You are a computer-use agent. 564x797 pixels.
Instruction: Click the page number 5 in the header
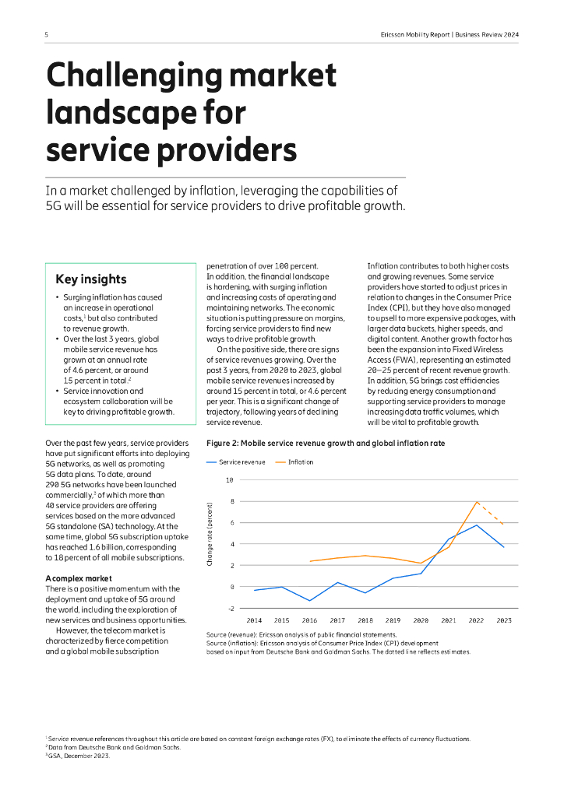tap(47, 34)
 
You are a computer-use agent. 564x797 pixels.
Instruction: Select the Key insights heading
tap(91, 279)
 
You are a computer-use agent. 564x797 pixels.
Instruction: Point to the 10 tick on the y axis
tap(229, 479)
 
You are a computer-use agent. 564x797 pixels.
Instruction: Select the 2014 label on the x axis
tap(254, 620)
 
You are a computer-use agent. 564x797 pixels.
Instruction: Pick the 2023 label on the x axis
tap(505, 620)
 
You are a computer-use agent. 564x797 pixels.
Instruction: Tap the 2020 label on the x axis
tap(421, 620)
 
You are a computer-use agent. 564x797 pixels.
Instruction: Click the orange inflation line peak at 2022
tap(477, 501)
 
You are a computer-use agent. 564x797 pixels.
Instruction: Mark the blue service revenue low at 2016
tap(309, 601)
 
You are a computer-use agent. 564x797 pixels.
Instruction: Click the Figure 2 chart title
tap(326, 443)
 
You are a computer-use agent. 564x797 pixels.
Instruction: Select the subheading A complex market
tap(79, 578)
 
